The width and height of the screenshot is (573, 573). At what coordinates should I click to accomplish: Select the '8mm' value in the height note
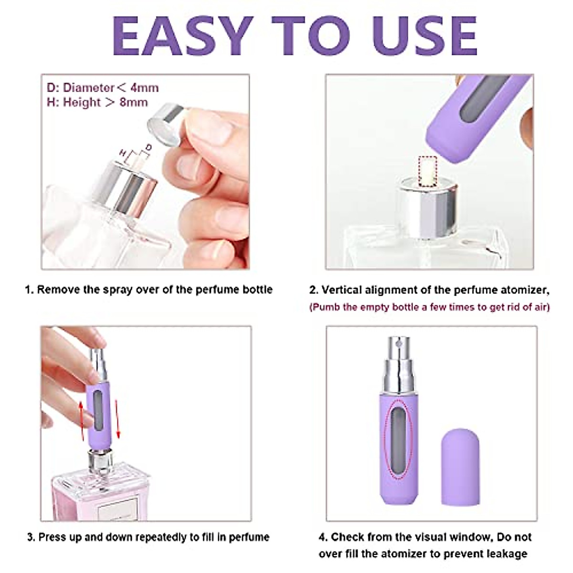[134, 102]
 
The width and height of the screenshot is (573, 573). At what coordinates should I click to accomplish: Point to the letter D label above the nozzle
[149, 148]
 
